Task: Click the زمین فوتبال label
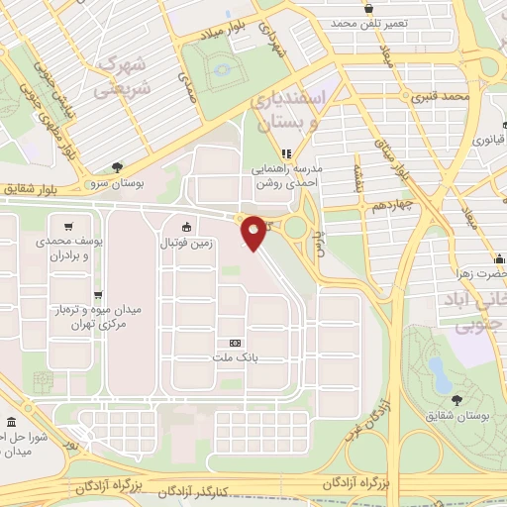coord(186,241)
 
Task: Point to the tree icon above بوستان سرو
coord(118,168)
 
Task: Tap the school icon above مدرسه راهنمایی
coord(285,153)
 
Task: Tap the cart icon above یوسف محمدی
coord(67,226)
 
